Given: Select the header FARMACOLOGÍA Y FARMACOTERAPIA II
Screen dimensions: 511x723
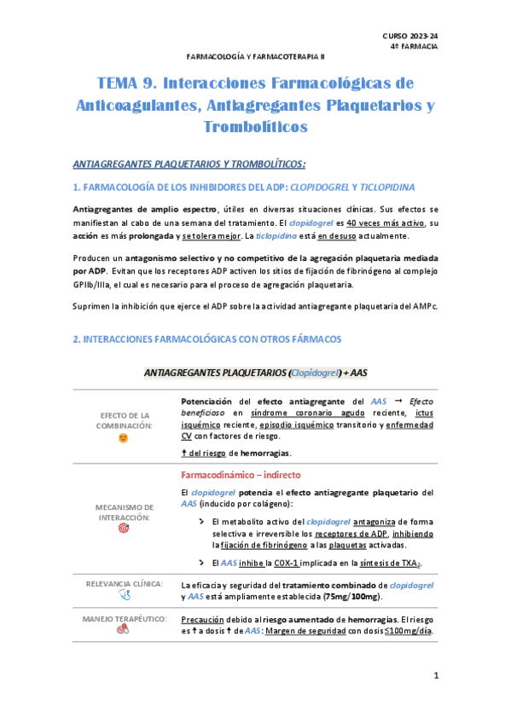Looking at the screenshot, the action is point(255,55).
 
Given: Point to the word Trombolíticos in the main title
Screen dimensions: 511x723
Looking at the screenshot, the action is point(255,127).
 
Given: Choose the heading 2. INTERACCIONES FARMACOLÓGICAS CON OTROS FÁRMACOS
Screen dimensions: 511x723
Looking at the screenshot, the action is point(207,338).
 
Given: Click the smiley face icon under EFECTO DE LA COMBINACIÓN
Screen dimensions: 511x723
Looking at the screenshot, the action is point(123,437).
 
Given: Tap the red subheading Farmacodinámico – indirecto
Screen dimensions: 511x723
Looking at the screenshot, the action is point(241,475).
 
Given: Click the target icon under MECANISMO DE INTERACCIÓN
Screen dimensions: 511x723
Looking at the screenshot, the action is point(123,528).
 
